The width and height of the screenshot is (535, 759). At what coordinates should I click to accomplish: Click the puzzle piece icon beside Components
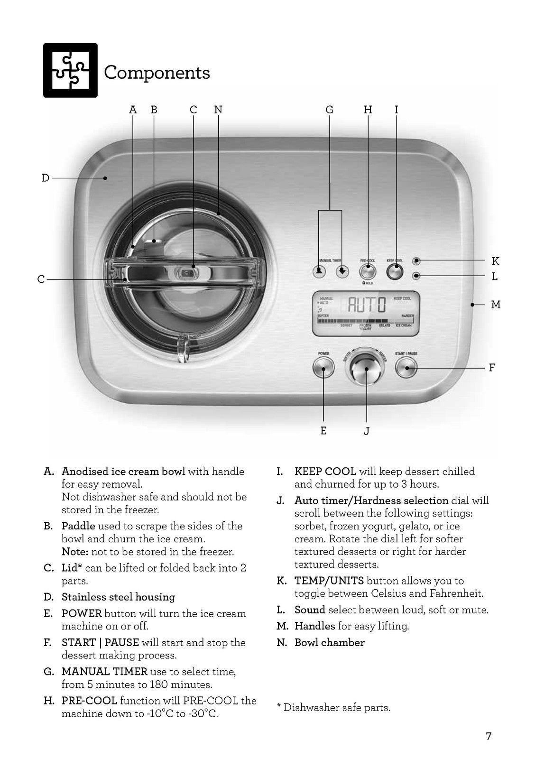pyautogui.click(x=70, y=70)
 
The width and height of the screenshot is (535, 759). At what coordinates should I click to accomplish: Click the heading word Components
pyautogui.click(x=157, y=73)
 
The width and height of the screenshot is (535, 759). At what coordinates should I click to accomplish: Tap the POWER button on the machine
pyautogui.click(x=323, y=367)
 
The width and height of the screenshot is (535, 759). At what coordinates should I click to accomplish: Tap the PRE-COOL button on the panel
pyautogui.click(x=367, y=272)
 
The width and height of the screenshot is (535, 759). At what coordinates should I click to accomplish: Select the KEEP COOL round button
pyautogui.click(x=395, y=272)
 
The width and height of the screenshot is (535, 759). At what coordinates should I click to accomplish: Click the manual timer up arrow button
pyautogui.click(x=320, y=272)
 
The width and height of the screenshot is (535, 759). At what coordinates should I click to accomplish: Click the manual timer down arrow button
pyautogui.click(x=342, y=272)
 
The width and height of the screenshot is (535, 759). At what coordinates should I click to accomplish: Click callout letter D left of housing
pyautogui.click(x=46, y=178)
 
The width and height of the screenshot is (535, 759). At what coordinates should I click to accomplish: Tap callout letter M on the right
pyautogui.click(x=496, y=305)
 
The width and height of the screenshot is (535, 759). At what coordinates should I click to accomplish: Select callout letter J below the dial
pyautogui.click(x=366, y=431)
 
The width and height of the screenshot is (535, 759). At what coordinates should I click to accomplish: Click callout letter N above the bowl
pyautogui.click(x=218, y=110)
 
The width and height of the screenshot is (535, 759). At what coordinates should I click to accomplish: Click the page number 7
pyautogui.click(x=489, y=736)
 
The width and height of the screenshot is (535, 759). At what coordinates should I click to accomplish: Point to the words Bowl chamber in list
pyautogui.click(x=329, y=643)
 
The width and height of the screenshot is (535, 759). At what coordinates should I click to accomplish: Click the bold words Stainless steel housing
pyautogui.click(x=118, y=597)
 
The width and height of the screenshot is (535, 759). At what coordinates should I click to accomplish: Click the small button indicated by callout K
pyautogui.click(x=416, y=261)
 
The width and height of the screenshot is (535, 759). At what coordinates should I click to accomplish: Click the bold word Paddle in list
pyautogui.click(x=78, y=526)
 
